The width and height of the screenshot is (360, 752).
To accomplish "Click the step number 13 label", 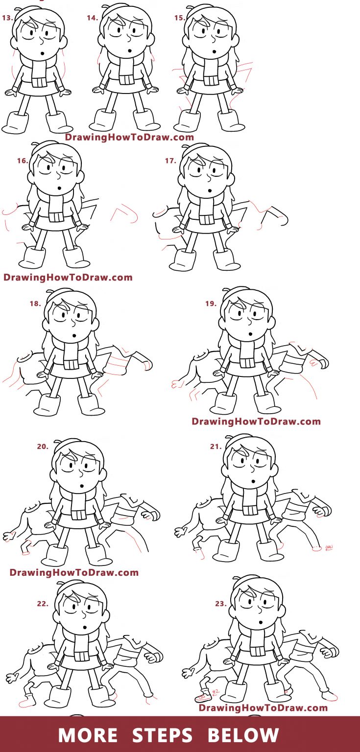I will (x=8, y=18).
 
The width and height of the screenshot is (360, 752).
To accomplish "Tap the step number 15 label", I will (x=179, y=18).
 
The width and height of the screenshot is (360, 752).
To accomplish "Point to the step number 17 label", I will (x=170, y=161).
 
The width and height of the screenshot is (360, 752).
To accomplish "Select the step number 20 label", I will (x=43, y=446).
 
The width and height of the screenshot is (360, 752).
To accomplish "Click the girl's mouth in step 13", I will (x=43, y=53).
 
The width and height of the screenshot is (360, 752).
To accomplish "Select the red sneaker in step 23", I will (x=203, y=697).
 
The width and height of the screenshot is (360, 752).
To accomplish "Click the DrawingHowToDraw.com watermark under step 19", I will (x=256, y=422).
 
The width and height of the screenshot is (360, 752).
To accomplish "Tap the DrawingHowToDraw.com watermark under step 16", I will (x=68, y=278).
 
